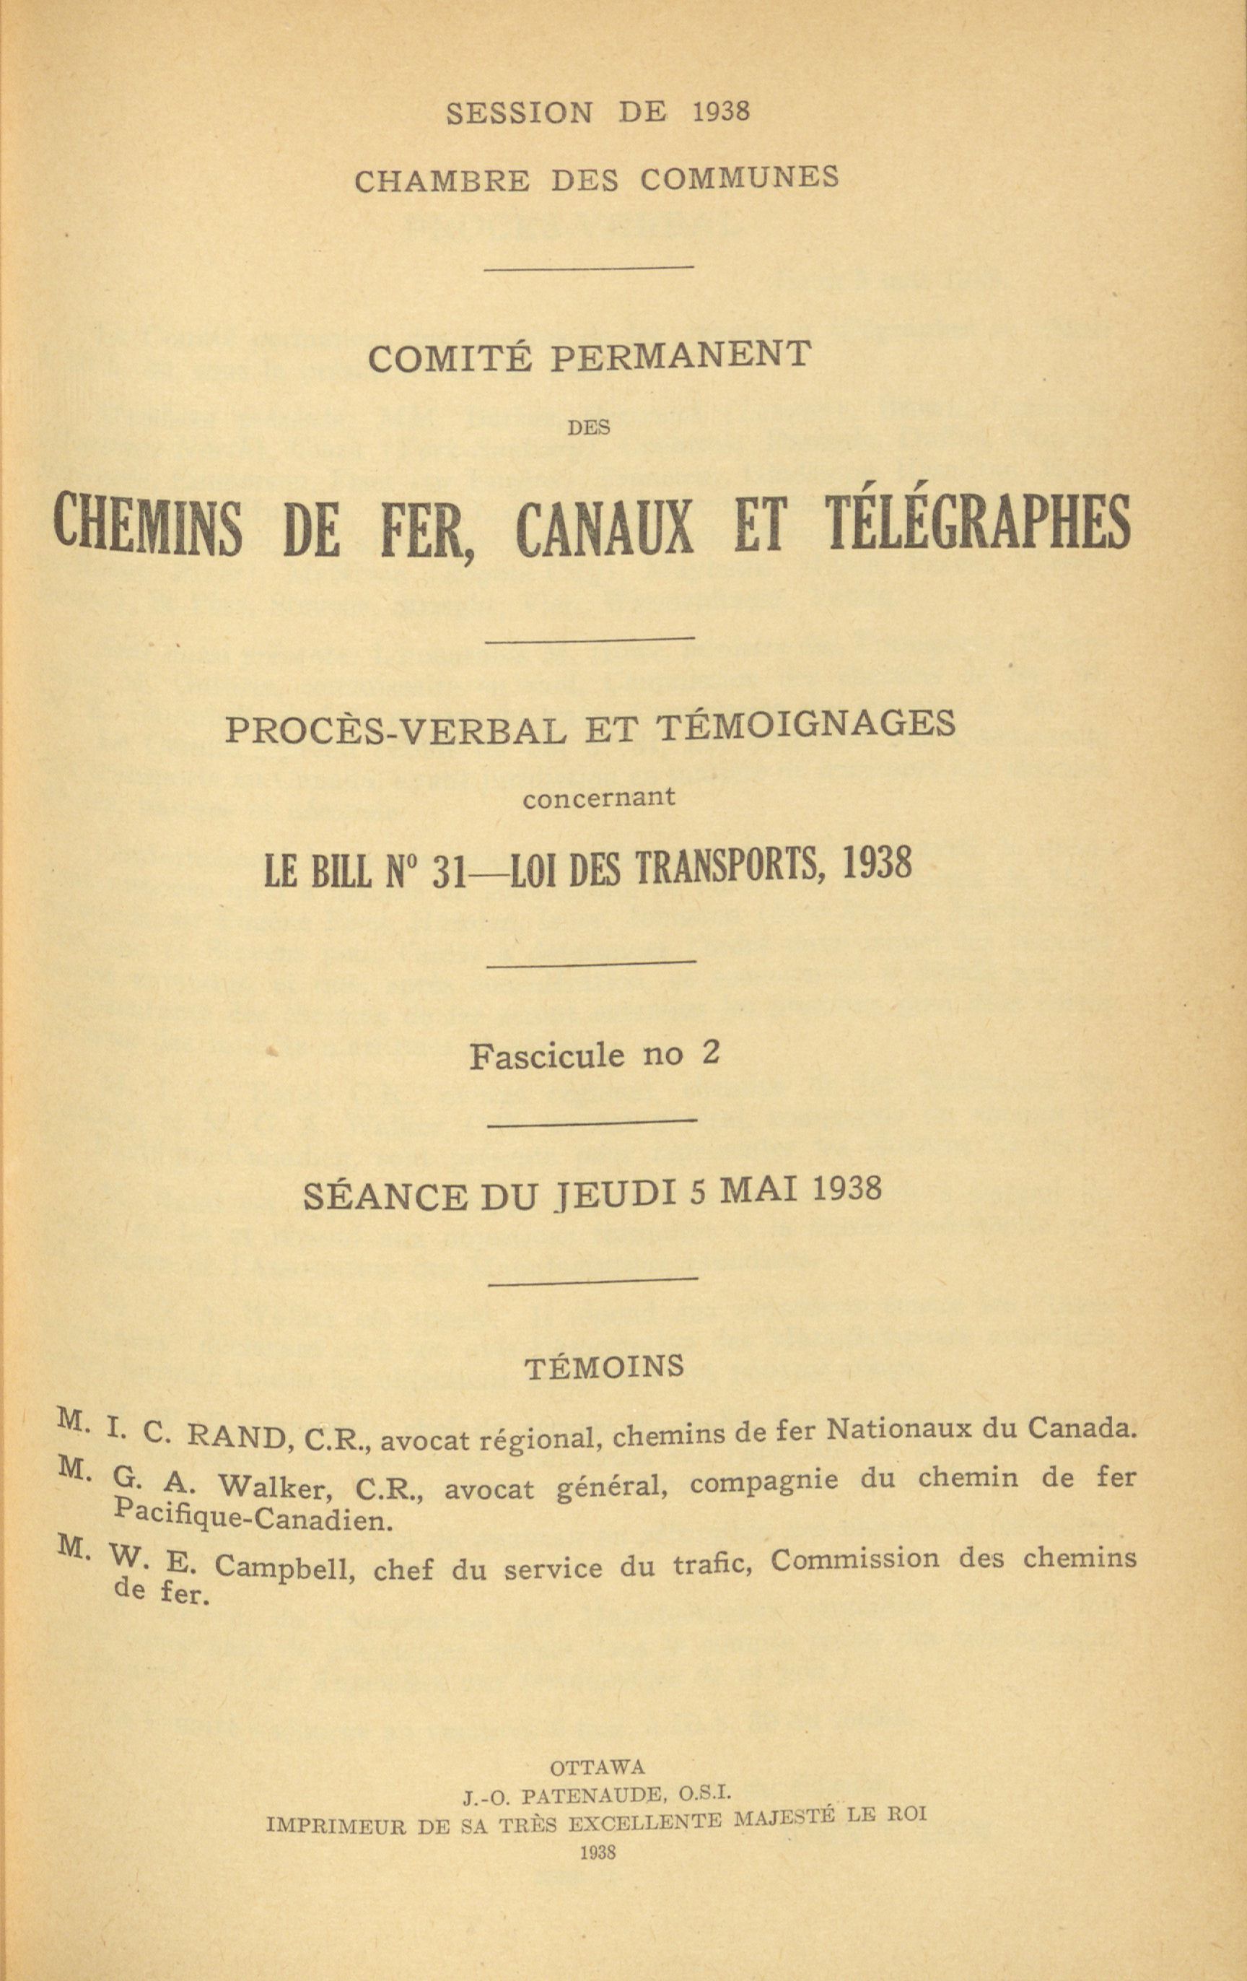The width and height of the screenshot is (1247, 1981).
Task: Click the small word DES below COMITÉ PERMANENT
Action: [x=589, y=429]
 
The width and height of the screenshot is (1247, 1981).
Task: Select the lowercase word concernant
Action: [x=599, y=797]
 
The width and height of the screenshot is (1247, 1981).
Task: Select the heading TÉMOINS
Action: [x=604, y=1367]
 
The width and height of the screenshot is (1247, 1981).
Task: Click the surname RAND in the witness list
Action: [x=236, y=1437]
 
